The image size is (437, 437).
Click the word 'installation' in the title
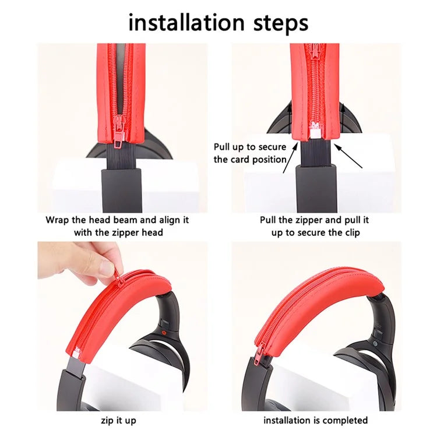point(186,22)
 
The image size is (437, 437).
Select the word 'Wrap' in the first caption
point(57,220)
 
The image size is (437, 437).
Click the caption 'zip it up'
point(118,420)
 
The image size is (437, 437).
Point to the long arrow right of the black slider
point(348,156)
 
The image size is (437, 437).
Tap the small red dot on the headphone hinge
point(164,333)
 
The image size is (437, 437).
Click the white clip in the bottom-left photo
point(76,354)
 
